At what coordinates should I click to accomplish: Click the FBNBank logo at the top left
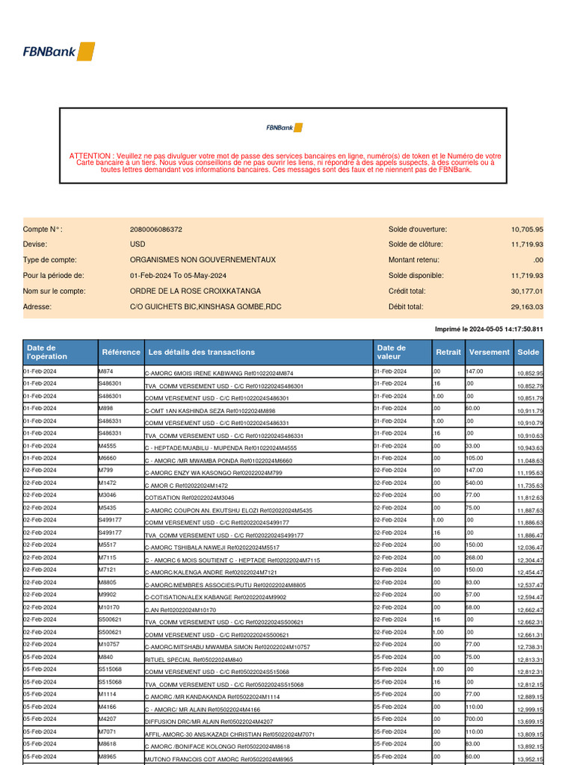tap(59, 52)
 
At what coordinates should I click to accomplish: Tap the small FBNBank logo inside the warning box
tap(284, 128)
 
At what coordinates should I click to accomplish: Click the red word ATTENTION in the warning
tap(91, 156)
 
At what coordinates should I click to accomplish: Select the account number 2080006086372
tap(155, 229)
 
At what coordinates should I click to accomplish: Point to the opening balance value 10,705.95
tap(527, 229)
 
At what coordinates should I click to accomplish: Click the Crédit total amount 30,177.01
tap(527, 291)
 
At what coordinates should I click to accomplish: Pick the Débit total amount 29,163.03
tap(527, 306)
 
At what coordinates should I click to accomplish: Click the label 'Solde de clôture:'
tap(416, 244)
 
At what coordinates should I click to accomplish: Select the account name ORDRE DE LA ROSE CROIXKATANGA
tap(196, 291)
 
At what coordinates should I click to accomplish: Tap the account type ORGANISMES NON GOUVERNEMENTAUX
tap(203, 260)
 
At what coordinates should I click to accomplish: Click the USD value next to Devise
tap(138, 244)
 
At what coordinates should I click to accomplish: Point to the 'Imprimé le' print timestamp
tap(489, 329)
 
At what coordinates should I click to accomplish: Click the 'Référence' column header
tap(120, 352)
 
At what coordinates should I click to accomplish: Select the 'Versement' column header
tap(489, 352)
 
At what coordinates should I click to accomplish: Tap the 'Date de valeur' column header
tap(392, 352)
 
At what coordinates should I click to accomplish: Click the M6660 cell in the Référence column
tap(108, 458)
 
